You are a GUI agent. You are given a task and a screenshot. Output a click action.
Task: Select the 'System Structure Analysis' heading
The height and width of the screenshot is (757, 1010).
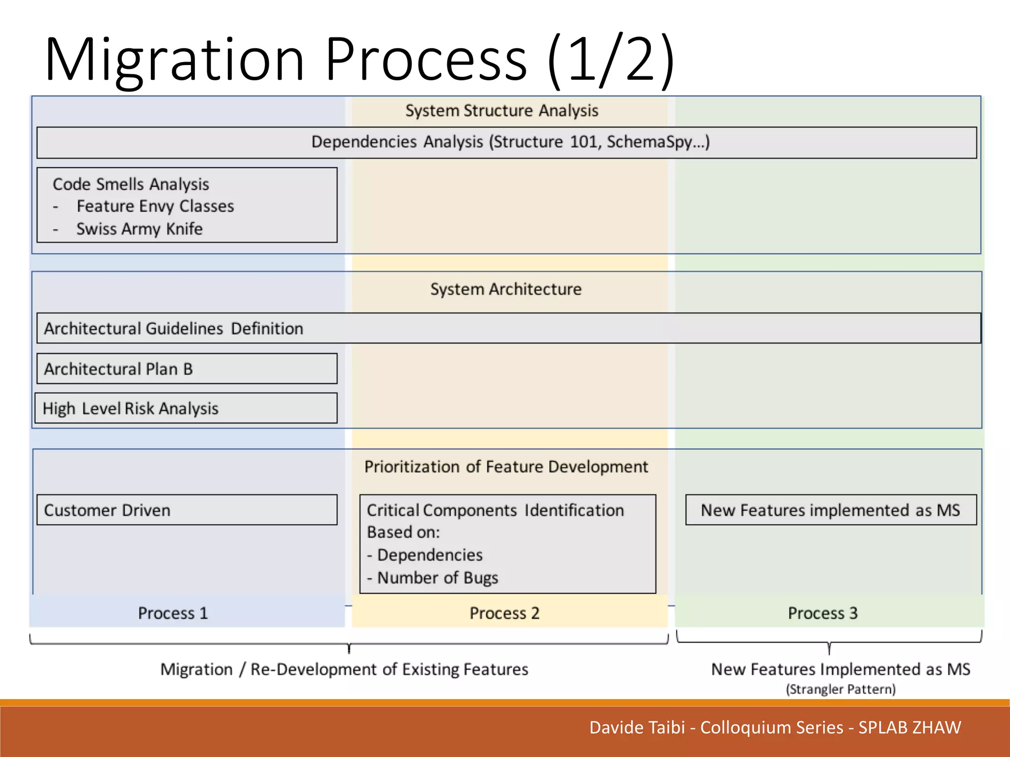tap(502, 111)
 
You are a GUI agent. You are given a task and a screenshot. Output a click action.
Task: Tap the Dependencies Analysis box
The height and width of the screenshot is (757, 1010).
tap(506, 142)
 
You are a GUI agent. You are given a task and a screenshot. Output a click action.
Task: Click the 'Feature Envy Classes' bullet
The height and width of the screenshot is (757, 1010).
tap(155, 206)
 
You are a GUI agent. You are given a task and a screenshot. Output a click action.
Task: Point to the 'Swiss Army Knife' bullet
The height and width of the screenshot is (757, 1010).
tap(139, 229)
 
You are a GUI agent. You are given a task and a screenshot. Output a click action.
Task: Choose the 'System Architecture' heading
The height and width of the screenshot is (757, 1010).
tap(505, 289)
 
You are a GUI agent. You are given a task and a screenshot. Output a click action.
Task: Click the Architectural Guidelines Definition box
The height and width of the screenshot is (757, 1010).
tap(508, 328)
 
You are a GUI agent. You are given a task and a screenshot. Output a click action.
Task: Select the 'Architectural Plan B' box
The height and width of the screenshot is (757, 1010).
tap(187, 369)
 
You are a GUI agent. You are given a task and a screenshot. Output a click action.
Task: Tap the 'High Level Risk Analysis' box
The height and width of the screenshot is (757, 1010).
tap(186, 408)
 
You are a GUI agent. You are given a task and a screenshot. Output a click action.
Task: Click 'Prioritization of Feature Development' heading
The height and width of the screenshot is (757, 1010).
tap(506, 467)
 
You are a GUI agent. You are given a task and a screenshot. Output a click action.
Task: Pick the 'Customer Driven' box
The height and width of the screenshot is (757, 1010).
tap(187, 510)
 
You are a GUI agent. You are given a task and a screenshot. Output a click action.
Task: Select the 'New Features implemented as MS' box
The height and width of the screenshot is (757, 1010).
tap(830, 510)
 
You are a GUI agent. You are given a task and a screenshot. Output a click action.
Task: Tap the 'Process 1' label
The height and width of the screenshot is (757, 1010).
tap(173, 613)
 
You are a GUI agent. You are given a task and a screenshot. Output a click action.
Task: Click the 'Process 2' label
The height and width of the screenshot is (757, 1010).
tap(505, 613)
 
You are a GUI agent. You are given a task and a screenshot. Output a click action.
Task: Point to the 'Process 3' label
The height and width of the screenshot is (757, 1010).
tap(823, 613)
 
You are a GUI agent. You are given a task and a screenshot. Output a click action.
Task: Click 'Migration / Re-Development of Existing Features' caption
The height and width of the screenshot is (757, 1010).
tap(344, 669)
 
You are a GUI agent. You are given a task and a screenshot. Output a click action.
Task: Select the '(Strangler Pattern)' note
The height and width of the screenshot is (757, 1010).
tap(840, 689)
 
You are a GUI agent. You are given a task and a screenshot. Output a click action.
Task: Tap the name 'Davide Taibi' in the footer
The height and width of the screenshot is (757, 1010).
tap(637, 727)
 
